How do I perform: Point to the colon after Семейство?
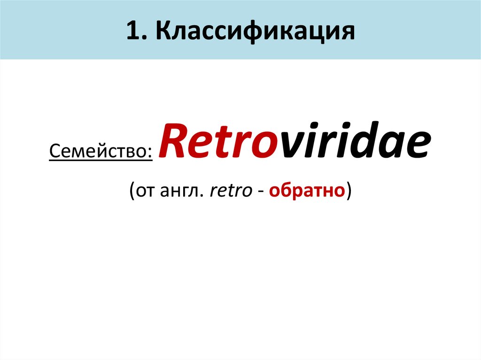coord(150,152)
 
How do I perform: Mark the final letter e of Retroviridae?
coord(419,146)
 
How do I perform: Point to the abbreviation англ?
coord(186,191)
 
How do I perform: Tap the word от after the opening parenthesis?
coord(147,191)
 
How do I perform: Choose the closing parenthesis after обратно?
coord(349,191)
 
